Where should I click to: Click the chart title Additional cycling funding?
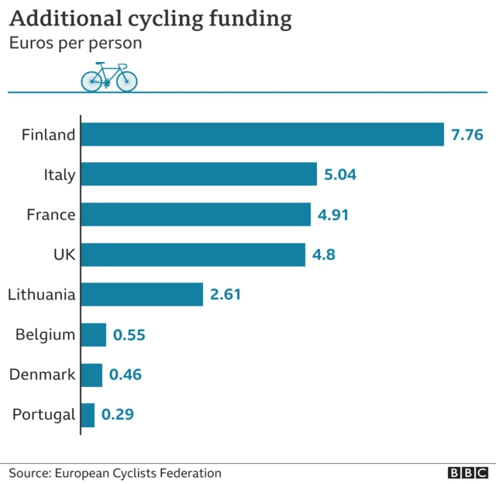[x=150, y=19]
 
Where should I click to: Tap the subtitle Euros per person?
[x=75, y=43]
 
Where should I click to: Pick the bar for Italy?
[x=198, y=175]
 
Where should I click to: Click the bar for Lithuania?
[x=142, y=294]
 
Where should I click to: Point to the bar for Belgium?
[x=94, y=334]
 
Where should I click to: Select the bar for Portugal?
[x=88, y=414]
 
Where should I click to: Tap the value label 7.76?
[x=467, y=135]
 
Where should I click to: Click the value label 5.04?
[x=340, y=175]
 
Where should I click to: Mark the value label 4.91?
[x=333, y=215]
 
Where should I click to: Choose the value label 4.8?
[x=324, y=254]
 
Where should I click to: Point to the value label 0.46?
[x=126, y=375]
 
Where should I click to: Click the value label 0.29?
[x=118, y=415]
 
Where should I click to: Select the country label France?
[x=51, y=215]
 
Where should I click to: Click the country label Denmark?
[x=43, y=375]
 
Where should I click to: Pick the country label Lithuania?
[x=42, y=295]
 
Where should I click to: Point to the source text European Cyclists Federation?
[x=137, y=473]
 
